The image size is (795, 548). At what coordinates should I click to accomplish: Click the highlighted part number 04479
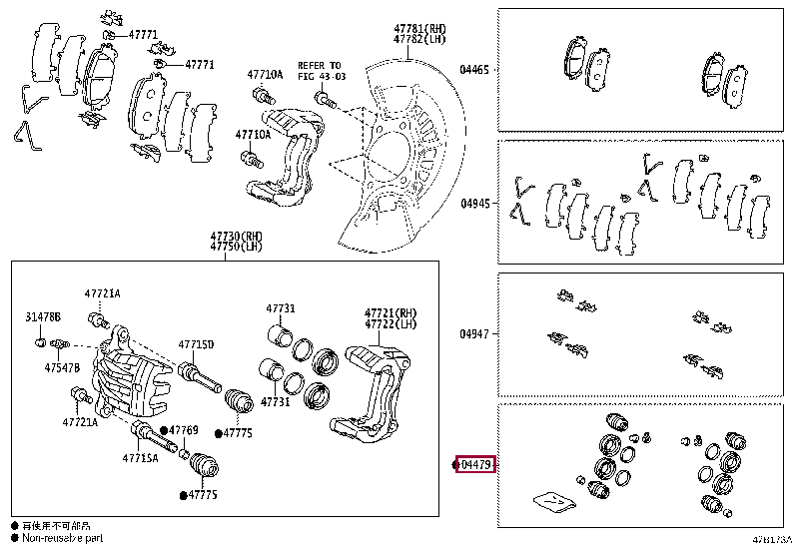[476, 465]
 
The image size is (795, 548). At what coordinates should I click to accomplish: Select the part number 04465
[474, 70]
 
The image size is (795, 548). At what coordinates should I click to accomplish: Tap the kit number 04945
[474, 203]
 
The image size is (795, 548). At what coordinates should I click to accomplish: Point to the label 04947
[474, 334]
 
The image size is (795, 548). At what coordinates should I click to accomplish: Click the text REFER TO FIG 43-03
[319, 69]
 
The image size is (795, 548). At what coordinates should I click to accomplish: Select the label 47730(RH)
[233, 236]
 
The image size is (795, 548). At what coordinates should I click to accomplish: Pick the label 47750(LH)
[233, 247]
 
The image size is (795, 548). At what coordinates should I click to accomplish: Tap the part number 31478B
[43, 316]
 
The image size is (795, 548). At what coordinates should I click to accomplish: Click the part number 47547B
[61, 367]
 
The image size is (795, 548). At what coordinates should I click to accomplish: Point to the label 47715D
[196, 344]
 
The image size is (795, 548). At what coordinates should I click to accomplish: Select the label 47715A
[141, 458]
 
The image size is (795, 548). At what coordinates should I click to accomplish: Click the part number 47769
[184, 430]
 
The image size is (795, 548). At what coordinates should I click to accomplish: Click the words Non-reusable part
[62, 537]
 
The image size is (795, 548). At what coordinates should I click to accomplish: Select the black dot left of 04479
[454, 465]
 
